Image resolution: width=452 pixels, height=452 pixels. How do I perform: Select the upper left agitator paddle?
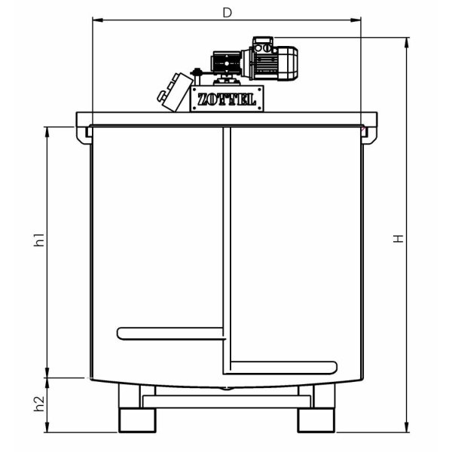tap(170, 332)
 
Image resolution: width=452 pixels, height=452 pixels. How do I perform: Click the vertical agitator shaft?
tap(224, 249)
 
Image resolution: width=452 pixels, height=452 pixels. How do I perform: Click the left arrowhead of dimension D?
tap(96, 22)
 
